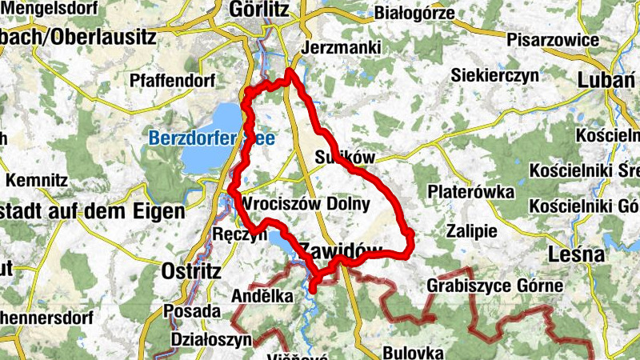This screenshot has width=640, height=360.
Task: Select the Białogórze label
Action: pos(414,13)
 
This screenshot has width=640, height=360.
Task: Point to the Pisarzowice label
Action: pos(553,39)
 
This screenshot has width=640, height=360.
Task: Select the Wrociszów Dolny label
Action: pos(306,204)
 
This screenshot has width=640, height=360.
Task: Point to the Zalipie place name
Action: pos(472,231)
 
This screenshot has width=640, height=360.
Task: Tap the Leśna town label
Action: pos(576,254)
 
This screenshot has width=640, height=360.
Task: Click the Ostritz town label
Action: pos(190,270)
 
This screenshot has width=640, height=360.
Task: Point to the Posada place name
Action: pos(191,310)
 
